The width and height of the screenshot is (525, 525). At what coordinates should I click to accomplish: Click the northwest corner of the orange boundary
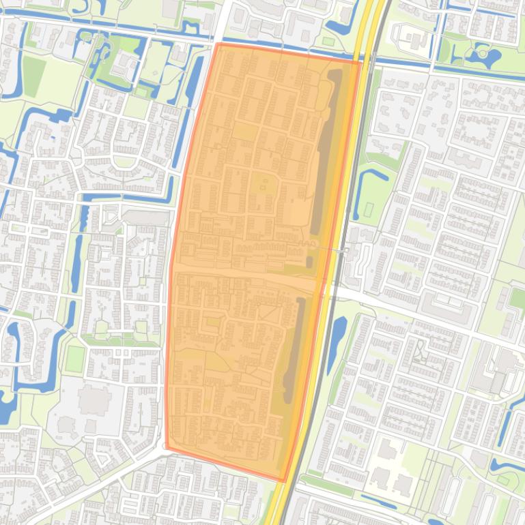tap(218, 44)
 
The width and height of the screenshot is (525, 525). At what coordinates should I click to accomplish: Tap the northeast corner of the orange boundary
tap(359, 61)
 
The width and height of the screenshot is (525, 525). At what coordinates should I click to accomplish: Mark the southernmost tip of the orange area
tap(284, 481)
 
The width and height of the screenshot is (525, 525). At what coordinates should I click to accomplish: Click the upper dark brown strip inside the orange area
tap(326, 150)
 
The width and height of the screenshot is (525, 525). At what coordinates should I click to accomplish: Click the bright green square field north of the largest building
tap(74, 359)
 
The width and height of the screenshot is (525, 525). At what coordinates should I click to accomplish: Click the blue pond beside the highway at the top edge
tap(340, 28)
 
